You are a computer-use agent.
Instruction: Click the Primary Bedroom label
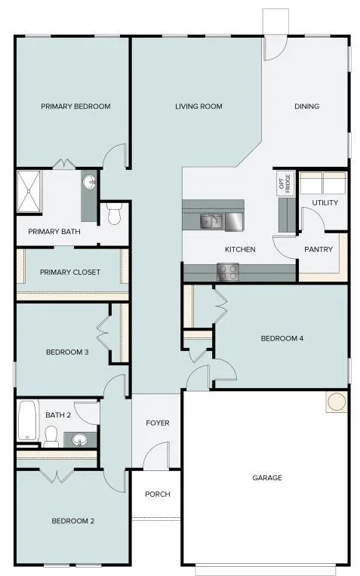tap(75, 106)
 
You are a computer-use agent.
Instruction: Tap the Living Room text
tap(198, 106)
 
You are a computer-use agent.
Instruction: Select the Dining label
tap(306, 106)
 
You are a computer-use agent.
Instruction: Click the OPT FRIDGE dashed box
tap(285, 183)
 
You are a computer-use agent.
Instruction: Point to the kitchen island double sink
tap(211, 221)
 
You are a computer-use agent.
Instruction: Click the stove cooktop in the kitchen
tap(228, 272)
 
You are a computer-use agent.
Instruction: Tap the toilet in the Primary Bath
tap(113, 214)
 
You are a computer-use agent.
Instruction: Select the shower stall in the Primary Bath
tap(29, 191)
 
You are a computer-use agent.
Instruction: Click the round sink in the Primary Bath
tap(89, 182)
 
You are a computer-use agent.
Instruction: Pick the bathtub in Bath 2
tap(28, 420)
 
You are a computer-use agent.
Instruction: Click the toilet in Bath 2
tap(51, 436)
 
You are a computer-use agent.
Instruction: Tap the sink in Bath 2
tap(78, 439)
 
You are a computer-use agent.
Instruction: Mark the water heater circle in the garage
tap(337, 402)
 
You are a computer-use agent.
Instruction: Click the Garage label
tap(267, 478)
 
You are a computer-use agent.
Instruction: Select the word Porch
tap(158, 494)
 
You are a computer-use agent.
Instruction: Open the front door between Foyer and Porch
tap(156, 456)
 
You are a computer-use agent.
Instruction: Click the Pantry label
tap(318, 249)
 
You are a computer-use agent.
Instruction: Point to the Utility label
tap(325, 203)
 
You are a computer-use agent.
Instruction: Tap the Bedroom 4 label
tap(282, 338)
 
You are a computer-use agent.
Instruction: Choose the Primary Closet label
tap(69, 273)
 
